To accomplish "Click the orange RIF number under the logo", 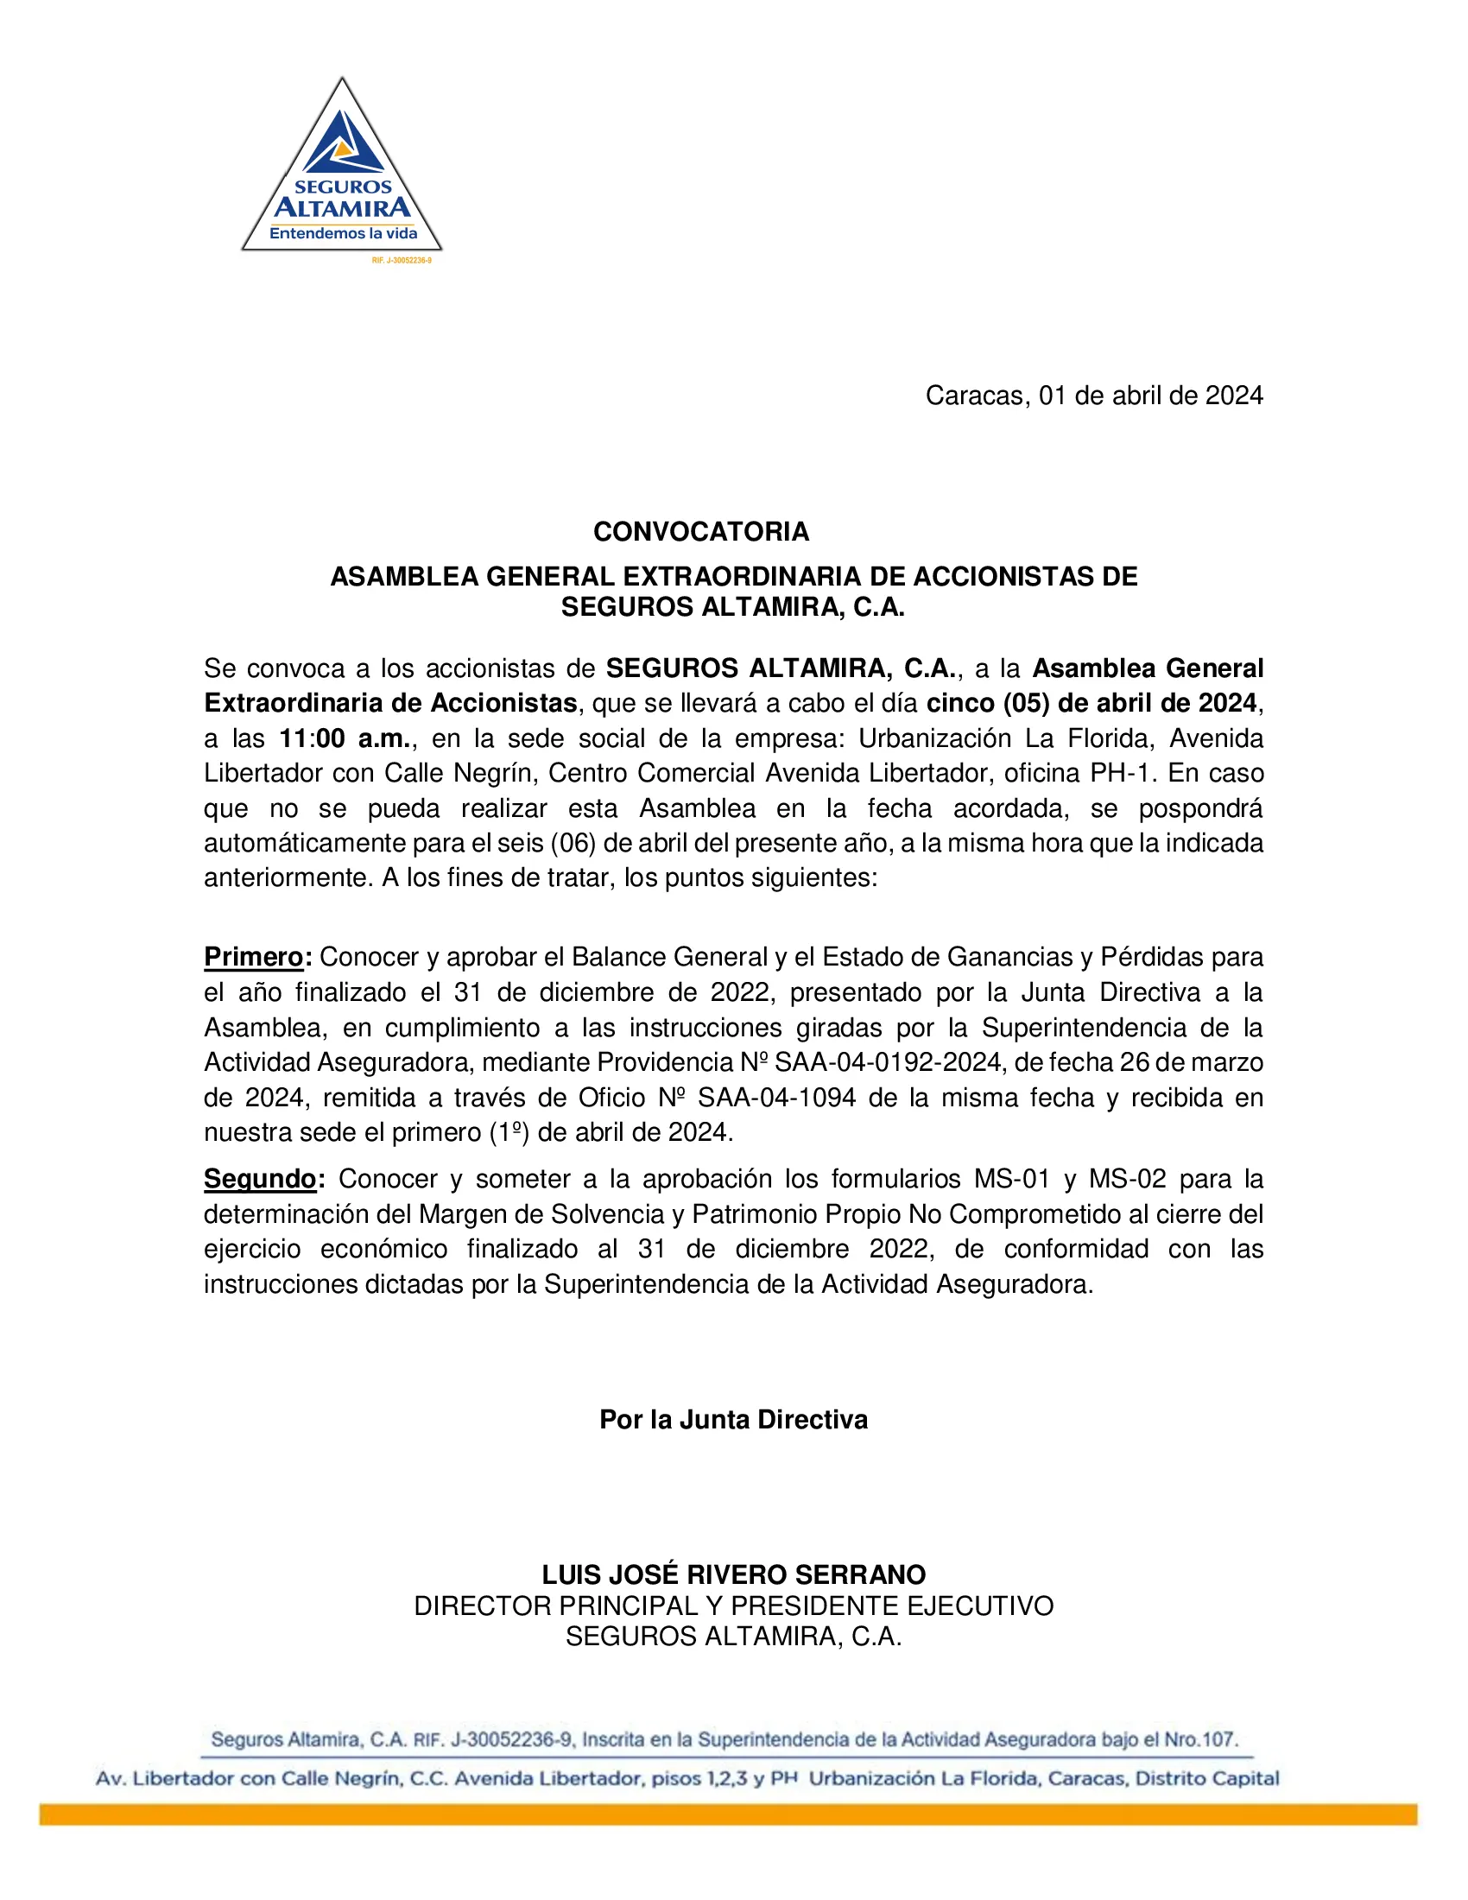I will tap(401, 260).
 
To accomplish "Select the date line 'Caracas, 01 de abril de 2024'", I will tap(1093, 396).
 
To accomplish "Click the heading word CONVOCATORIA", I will tap(701, 531).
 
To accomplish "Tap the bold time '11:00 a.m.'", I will tap(345, 738).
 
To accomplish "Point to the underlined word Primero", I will tap(253, 957).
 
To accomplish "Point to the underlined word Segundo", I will tap(259, 1179).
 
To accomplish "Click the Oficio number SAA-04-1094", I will tap(776, 1098).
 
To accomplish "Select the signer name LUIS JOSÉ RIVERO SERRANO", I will tap(733, 1574).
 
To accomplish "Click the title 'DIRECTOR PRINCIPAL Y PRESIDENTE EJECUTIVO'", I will tap(733, 1606).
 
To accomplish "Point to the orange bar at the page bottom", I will tap(728, 1814).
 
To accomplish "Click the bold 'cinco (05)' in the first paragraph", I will tap(987, 703).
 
